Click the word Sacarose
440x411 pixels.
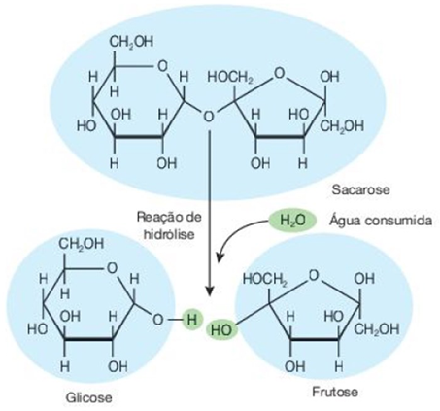click(360, 189)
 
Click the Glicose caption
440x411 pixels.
click(89, 397)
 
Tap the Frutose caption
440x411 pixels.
click(335, 393)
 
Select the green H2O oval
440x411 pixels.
click(292, 221)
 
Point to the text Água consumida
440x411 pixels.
click(381, 221)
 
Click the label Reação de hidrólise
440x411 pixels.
click(169, 225)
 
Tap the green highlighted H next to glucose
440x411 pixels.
click(191, 320)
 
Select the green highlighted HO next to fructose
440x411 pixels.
click(221, 330)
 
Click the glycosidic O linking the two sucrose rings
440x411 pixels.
click(209, 117)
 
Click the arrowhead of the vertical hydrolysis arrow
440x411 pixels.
click(211, 291)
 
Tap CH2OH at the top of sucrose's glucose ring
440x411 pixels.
click(131, 43)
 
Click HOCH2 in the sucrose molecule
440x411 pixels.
click(230, 77)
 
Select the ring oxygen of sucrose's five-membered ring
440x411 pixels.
click(279, 73)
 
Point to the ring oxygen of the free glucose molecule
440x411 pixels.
click(112, 268)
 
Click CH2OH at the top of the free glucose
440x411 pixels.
click(82, 244)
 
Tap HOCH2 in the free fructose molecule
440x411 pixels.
click(265, 279)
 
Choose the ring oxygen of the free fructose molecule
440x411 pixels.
click(314, 276)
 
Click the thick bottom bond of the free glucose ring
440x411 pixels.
click(88, 339)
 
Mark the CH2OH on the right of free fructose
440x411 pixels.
click(377, 329)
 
